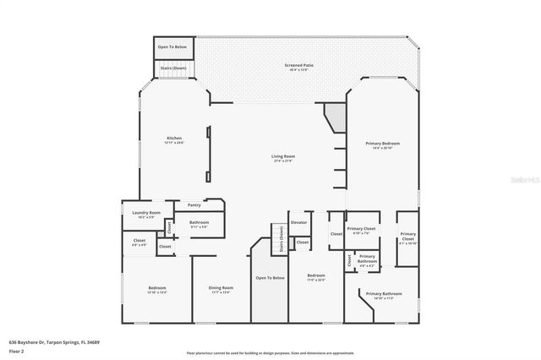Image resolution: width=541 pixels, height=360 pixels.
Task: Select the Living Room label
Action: click(x=282, y=157)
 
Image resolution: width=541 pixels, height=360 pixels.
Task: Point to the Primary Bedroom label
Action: click(x=382, y=145)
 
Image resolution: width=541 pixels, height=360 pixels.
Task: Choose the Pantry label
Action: click(x=194, y=205)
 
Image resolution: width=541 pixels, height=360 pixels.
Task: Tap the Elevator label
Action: click(x=298, y=222)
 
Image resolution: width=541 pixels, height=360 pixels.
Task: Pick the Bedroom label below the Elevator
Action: click(x=316, y=277)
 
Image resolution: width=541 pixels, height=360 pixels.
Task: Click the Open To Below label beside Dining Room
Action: click(x=270, y=277)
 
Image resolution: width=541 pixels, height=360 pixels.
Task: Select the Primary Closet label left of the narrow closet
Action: click(x=361, y=230)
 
